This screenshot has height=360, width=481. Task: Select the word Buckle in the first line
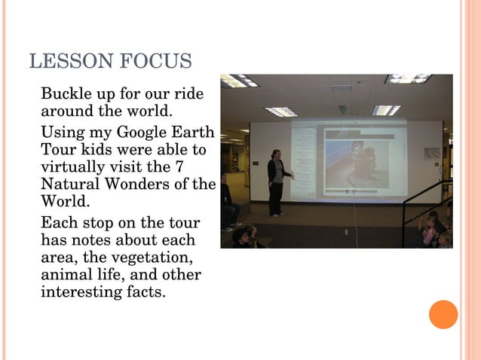[66, 96]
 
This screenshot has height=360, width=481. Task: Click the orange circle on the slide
[443, 314]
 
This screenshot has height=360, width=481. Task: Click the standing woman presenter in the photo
[277, 181]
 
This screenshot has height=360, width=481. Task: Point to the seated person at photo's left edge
[227, 203]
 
